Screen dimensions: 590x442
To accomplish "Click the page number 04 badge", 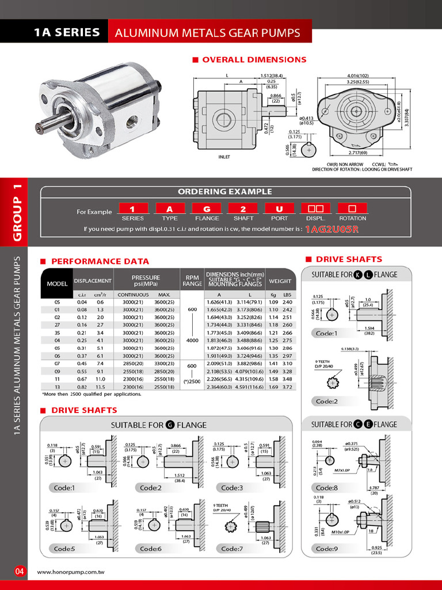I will coord(20,572).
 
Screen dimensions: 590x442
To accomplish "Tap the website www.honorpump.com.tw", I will coord(74,572).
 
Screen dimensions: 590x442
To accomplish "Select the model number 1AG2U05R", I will coord(331,229).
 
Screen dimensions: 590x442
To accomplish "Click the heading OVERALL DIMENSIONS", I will coord(254,59).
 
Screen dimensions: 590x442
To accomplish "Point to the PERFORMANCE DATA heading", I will coord(100,261).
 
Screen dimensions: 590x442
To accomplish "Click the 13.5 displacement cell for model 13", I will coord(100,388).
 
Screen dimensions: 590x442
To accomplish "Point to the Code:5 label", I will coord(64,549).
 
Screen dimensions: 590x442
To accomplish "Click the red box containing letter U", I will coord(279,209).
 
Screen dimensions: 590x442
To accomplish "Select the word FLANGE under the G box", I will coord(207,218).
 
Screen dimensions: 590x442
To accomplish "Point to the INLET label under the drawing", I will coord(224,156).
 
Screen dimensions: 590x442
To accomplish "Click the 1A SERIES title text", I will coord(67,32).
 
